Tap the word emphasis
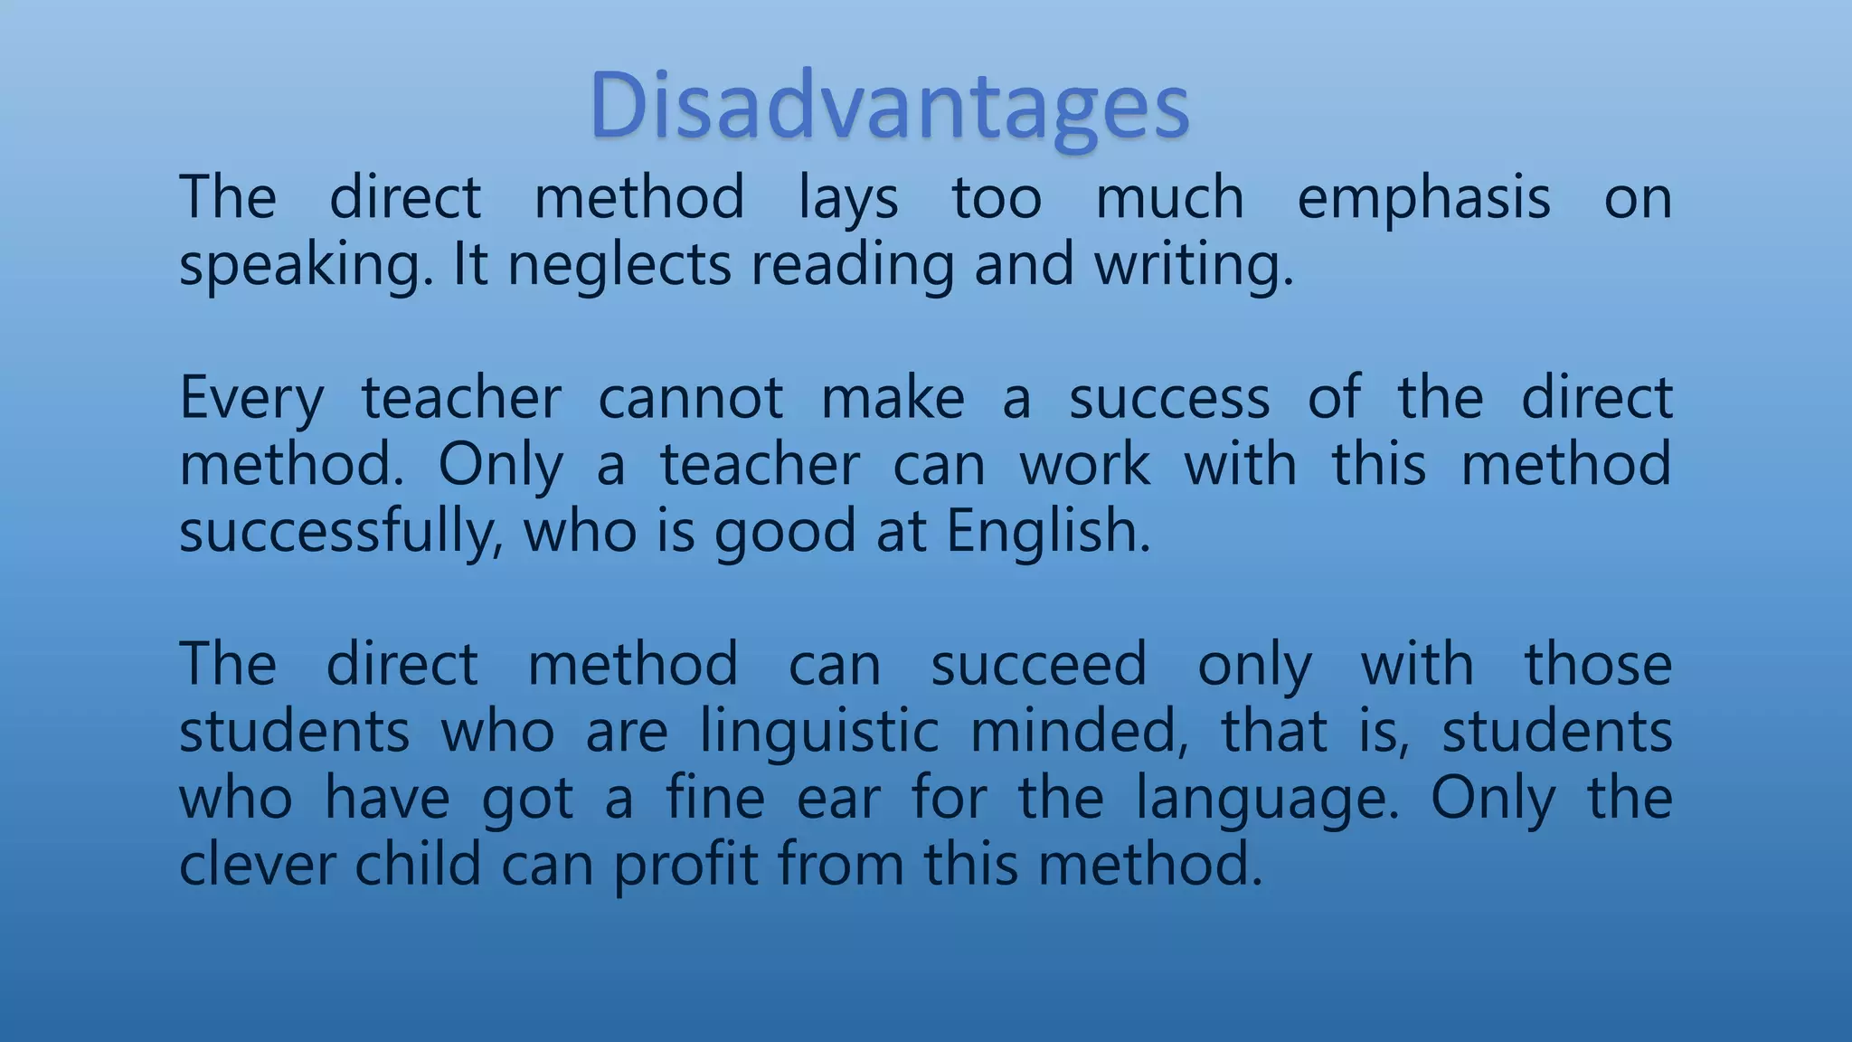(x=1423, y=199)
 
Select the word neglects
(x=619, y=266)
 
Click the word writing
(x=1194, y=266)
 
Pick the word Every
(x=251, y=399)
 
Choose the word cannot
(x=691, y=399)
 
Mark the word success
(x=1169, y=399)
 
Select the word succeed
(x=1038, y=665)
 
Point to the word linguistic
(x=819, y=732)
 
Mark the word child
(x=418, y=865)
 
